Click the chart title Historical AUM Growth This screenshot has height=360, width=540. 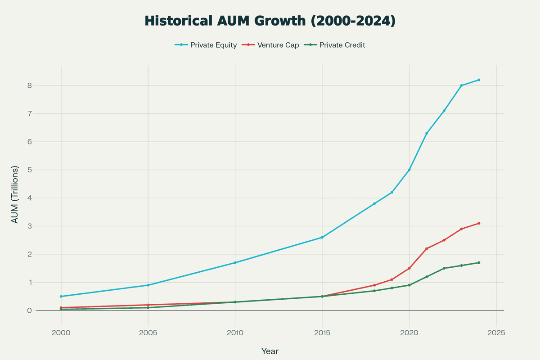(x=270, y=21)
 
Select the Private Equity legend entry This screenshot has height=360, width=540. (x=206, y=45)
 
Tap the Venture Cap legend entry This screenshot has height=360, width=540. (x=270, y=45)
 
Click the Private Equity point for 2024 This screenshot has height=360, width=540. (x=479, y=80)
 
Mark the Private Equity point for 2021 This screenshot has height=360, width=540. (x=427, y=133)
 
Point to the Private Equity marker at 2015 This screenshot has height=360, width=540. (x=322, y=237)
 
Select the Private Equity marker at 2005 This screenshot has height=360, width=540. (x=148, y=285)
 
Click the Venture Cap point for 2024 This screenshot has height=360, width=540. (x=479, y=223)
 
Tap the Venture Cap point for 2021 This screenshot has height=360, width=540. (x=427, y=248)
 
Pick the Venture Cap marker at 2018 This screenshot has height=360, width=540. (x=374, y=285)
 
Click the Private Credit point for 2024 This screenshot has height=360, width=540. (x=479, y=263)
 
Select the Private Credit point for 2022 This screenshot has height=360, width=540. (x=444, y=268)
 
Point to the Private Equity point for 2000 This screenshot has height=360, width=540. (x=61, y=297)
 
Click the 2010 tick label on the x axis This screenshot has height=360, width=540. (x=235, y=333)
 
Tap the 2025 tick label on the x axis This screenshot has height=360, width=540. (x=496, y=333)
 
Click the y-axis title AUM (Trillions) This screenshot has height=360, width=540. (x=15, y=194)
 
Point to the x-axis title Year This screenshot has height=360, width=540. (x=270, y=351)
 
